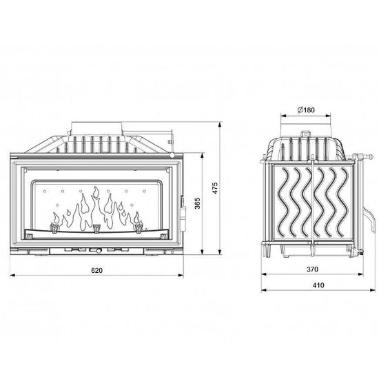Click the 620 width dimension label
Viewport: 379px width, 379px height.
96,270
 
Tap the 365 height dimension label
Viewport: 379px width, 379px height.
198,203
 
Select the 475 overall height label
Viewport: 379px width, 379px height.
215,188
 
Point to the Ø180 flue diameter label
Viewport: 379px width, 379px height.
306,110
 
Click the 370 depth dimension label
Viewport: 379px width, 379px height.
313,269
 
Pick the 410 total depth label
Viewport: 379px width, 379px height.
318,285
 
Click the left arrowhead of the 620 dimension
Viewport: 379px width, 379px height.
12,275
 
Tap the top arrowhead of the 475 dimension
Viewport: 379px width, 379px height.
219,125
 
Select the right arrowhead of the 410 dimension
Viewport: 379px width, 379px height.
373,290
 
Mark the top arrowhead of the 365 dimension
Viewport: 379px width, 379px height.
203,156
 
